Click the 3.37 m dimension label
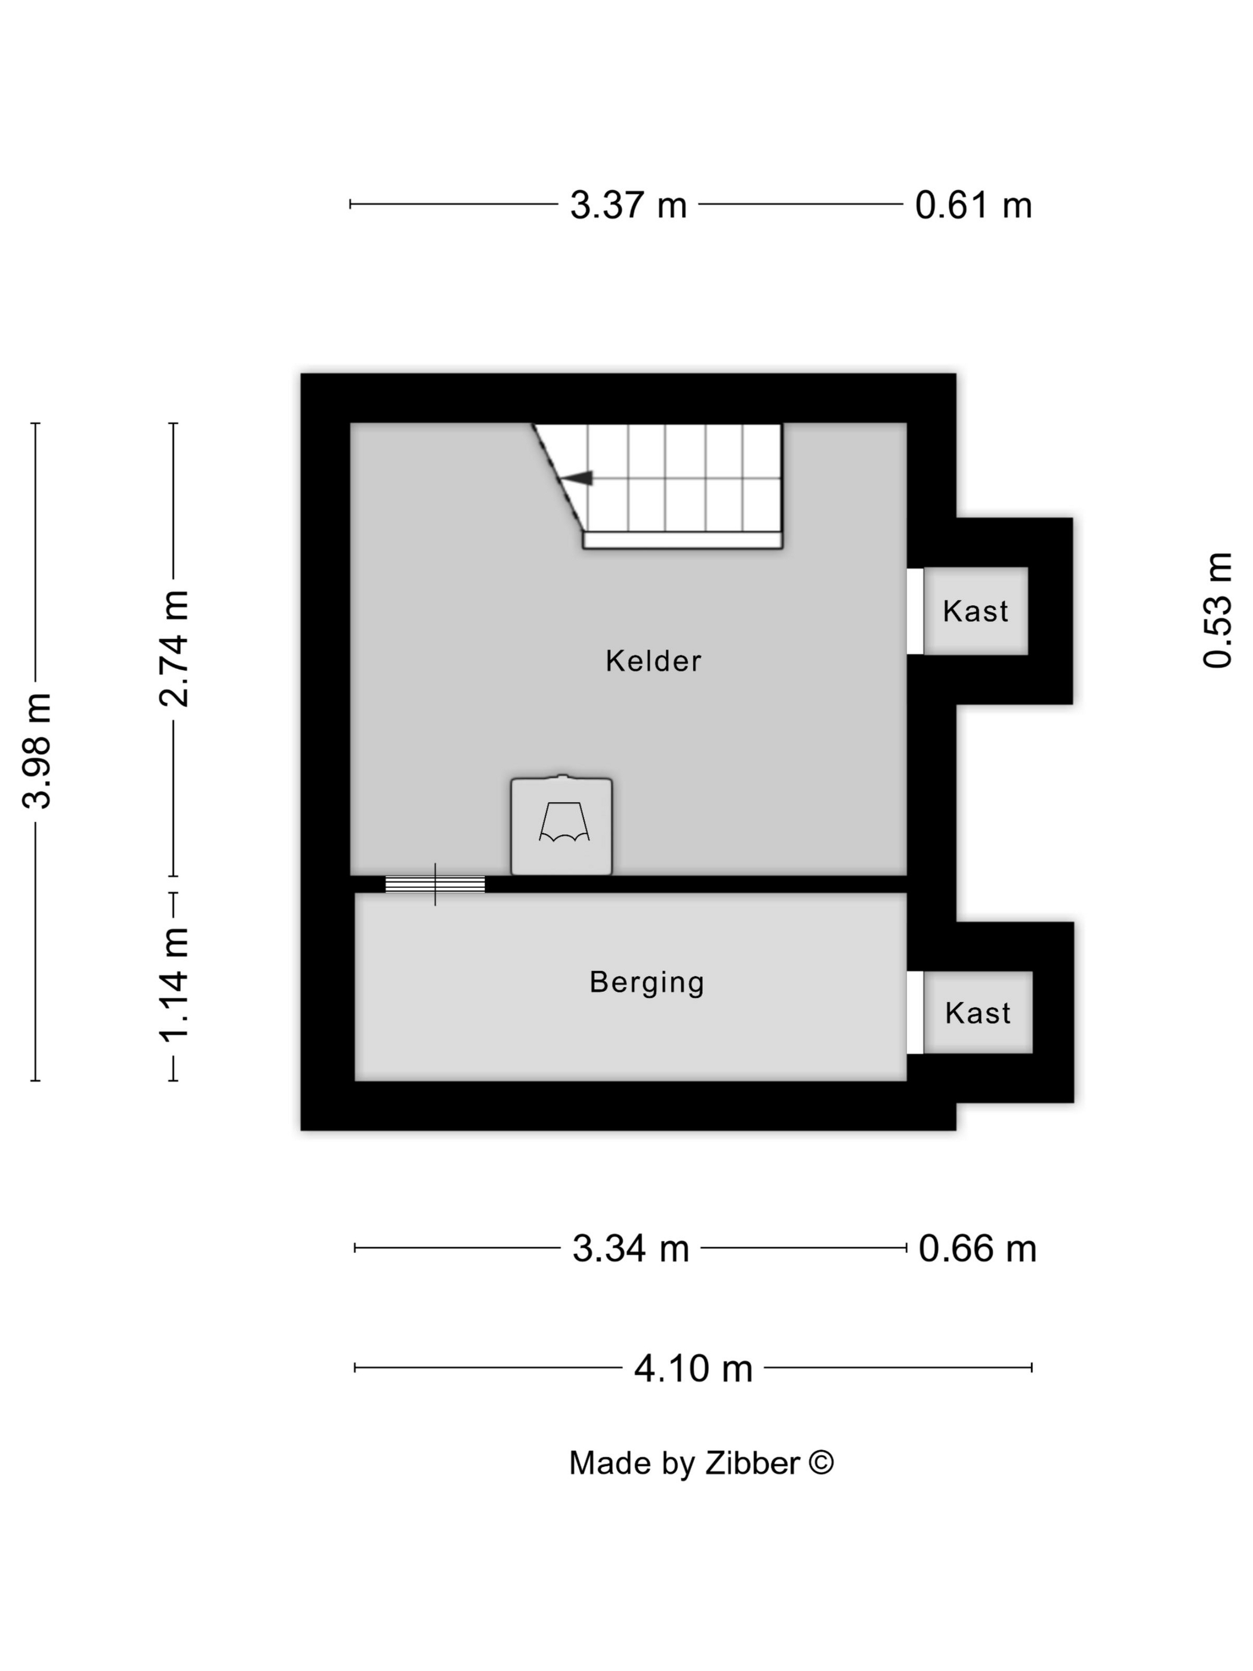(628, 205)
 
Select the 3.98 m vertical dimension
(36, 750)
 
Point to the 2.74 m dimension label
(173, 648)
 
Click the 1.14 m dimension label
(173, 984)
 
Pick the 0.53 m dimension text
(1217, 611)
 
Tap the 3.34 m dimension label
(631, 1248)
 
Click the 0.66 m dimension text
(977, 1248)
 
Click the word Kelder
(653, 661)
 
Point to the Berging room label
(647, 983)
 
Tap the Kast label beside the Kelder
(975, 611)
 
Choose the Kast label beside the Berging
(977, 1013)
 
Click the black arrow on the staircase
(577, 477)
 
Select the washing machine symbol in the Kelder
(561, 825)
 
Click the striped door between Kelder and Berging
(435, 884)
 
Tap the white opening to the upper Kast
(915, 611)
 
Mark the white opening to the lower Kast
(915, 1012)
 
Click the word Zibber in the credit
(752, 1463)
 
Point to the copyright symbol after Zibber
(821, 1462)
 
